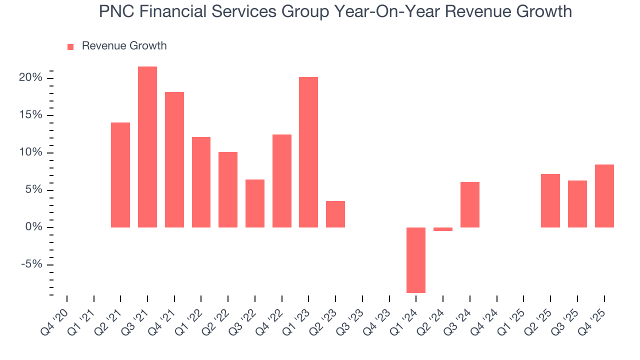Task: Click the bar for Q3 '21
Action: point(147,147)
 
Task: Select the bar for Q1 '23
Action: point(308,152)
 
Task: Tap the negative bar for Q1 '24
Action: point(416,260)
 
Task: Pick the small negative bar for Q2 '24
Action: point(443,229)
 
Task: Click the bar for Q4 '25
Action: point(604,196)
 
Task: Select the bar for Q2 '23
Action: point(335,214)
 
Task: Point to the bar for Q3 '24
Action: point(470,204)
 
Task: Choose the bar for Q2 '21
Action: point(120,175)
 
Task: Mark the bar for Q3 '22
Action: point(255,203)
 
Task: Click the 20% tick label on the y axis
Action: point(31,78)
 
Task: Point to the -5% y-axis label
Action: point(32,265)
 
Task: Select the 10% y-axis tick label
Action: point(31,152)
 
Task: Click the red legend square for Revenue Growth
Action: point(70,46)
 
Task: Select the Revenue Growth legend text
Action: point(124,46)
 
